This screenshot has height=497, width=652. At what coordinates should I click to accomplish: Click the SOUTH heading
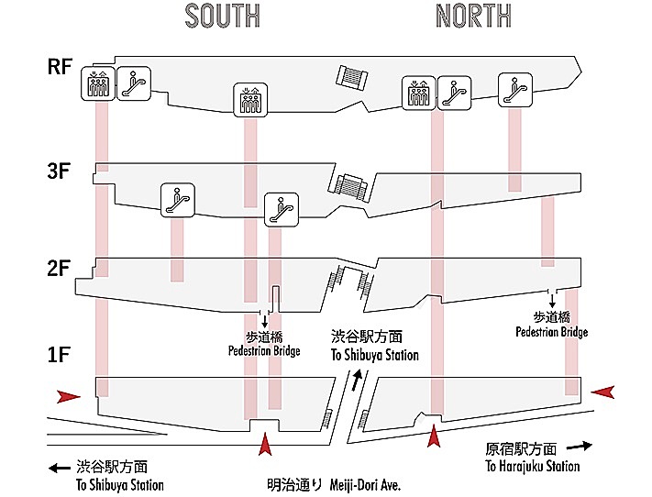pyautogui.click(x=223, y=16)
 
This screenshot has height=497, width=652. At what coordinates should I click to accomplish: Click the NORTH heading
pyautogui.click(x=473, y=16)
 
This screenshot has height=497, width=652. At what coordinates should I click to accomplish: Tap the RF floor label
pyautogui.click(x=60, y=67)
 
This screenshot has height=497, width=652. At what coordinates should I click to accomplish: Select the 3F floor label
pyautogui.click(x=59, y=171)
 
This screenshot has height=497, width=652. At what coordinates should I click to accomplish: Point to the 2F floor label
pyautogui.click(x=58, y=269)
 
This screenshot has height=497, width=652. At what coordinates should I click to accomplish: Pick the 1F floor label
pyautogui.click(x=58, y=355)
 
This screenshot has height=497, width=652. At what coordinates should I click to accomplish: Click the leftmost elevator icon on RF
pyautogui.click(x=98, y=83)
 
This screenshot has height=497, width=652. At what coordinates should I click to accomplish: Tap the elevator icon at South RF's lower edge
pyautogui.click(x=250, y=100)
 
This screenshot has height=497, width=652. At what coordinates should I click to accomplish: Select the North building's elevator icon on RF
pyautogui.click(x=419, y=94)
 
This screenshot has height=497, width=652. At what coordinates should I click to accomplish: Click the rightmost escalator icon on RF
pyautogui.click(x=515, y=90)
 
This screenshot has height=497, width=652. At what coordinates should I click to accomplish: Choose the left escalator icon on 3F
pyautogui.click(x=178, y=200)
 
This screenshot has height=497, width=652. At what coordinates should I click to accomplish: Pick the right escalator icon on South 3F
pyautogui.click(x=282, y=210)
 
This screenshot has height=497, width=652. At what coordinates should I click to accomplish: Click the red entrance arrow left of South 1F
pyautogui.click(x=68, y=397)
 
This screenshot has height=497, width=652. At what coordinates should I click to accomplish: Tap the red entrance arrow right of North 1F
pyautogui.click(x=602, y=392)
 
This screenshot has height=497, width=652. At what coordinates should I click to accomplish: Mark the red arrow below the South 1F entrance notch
pyautogui.click(x=265, y=444)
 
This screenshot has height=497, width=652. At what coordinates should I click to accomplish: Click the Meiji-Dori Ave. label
pyautogui.click(x=365, y=484)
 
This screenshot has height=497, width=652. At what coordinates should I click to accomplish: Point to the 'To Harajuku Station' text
pyautogui.click(x=533, y=466)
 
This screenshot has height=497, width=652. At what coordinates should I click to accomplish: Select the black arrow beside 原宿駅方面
pyautogui.click(x=580, y=447)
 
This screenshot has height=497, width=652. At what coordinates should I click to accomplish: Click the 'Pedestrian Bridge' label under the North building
pyautogui.click(x=552, y=332)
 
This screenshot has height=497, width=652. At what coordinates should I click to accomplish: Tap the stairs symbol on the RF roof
pyautogui.click(x=352, y=77)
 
